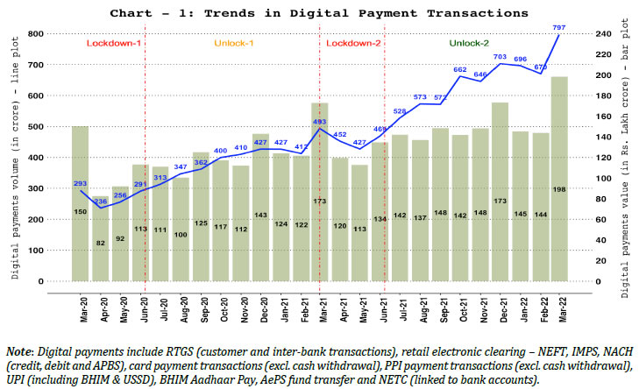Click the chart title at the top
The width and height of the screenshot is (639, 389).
coord(319,13)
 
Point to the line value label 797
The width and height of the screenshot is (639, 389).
coord(557,27)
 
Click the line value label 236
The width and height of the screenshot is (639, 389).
coord(101,202)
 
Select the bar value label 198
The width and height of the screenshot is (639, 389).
coord(559,189)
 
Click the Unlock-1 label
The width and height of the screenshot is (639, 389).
coord(233,43)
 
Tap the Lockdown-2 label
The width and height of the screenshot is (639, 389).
coord(353,43)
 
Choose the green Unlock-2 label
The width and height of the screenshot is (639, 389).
coord(470,43)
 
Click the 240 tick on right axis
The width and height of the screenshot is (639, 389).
coord(593,33)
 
